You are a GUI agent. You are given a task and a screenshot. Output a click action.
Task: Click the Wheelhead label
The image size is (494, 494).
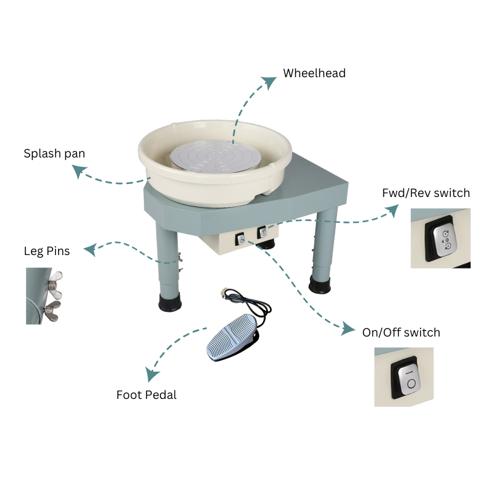(x=314, y=73)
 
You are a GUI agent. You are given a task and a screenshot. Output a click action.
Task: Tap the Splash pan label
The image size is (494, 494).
(x=54, y=153)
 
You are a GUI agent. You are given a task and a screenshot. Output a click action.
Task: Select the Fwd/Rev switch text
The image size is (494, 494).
(x=426, y=193)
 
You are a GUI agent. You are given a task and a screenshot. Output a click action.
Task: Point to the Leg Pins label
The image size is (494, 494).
(x=47, y=251)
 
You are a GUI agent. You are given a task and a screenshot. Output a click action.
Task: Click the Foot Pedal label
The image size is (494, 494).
(x=146, y=395)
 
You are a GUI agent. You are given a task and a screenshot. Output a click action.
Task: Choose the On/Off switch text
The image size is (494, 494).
(x=401, y=332)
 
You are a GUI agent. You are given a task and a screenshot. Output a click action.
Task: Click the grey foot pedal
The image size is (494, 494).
(x=233, y=338)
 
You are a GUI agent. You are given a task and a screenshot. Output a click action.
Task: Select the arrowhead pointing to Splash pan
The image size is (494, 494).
(x=79, y=171)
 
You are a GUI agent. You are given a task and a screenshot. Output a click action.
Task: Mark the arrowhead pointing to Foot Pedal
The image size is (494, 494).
(x=152, y=374)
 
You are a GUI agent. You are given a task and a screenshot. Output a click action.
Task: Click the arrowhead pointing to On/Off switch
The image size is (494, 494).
(x=348, y=329)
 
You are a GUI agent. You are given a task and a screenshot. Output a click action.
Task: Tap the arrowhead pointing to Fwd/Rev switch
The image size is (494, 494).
(x=393, y=211)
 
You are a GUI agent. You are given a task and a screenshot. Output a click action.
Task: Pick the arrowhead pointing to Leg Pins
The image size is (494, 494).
(x=90, y=249)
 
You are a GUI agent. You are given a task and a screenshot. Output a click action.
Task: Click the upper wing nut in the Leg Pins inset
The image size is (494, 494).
(x=55, y=284)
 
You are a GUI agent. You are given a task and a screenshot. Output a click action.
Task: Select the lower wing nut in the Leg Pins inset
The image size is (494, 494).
(x=52, y=311)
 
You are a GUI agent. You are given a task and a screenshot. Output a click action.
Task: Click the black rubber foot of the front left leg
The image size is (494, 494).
(x=170, y=301)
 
